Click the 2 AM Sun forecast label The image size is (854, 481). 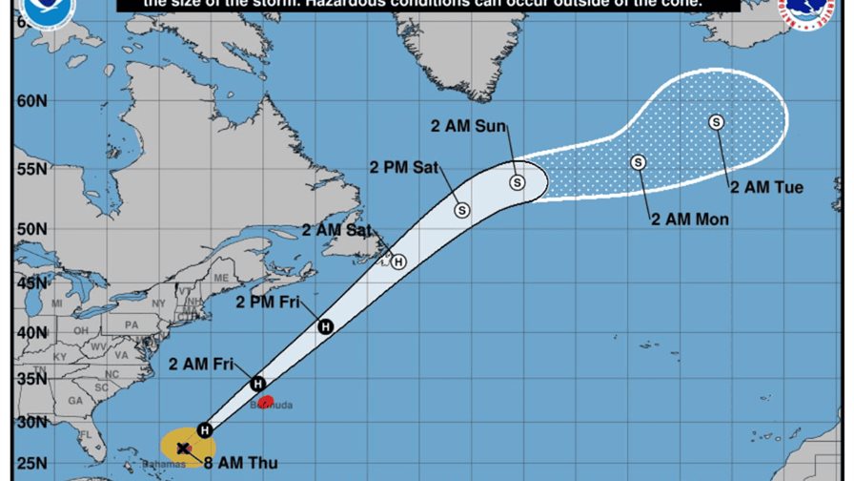tap(468, 125)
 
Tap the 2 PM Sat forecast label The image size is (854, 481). tap(404, 168)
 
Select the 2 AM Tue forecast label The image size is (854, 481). tap(767, 187)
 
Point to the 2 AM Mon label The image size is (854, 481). tap(690, 220)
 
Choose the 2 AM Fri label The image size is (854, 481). tap(201, 363)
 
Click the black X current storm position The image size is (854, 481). tap(182, 447)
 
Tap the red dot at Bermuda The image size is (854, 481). tap(267, 401)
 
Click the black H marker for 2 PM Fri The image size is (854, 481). tap(325, 326)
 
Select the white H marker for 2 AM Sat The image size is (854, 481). tap(398, 261)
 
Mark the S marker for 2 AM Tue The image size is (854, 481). tap(716, 121)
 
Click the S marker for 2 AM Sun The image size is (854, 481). tap(517, 181)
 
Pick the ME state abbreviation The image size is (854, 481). tap(220, 278)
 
